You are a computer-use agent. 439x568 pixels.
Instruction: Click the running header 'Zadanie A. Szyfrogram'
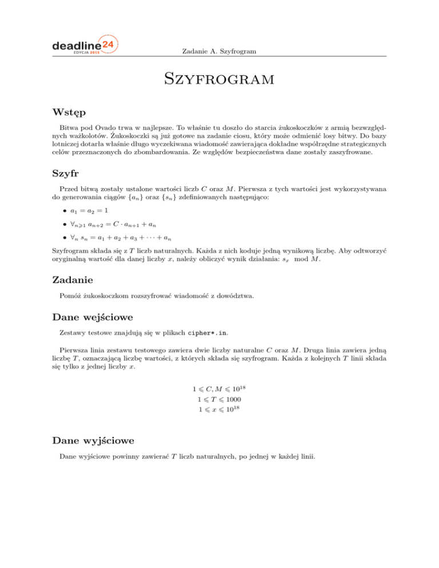[x=218, y=52]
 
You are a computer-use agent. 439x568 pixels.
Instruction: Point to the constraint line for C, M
[x=219, y=389]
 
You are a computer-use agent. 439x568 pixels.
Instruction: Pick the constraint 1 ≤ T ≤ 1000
[x=219, y=399]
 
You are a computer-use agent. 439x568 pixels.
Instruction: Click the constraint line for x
[x=219, y=410]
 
